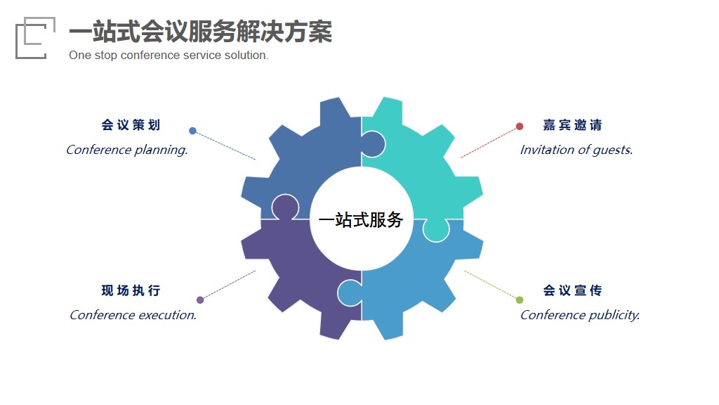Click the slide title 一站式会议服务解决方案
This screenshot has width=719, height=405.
click(200, 32)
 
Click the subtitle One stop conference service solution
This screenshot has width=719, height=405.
click(169, 55)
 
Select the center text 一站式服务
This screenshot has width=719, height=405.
click(361, 220)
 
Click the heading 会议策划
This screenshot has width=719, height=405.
click(131, 125)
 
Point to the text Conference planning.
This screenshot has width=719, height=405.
click(127, 150)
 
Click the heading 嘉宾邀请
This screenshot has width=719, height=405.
click(572, 125)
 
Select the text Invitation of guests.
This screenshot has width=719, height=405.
click(576, 150)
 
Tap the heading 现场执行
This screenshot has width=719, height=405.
click(131, 290)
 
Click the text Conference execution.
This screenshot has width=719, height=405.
click(133, 315)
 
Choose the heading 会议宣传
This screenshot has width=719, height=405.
click(572, 290)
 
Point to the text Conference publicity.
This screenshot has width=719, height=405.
click(580, 316)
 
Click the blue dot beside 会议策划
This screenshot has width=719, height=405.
click(192, 131)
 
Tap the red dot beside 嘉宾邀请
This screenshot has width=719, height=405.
click(520, 127)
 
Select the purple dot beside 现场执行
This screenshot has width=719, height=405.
click(200, 300)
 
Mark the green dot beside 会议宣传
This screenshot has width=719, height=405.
click(520, 300)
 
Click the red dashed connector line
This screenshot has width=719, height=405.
click(489, 143)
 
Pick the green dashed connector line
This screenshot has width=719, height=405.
click(491, 285)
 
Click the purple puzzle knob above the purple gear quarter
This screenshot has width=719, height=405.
click(285, 206)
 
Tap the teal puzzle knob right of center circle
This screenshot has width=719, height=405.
click(436, 230)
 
